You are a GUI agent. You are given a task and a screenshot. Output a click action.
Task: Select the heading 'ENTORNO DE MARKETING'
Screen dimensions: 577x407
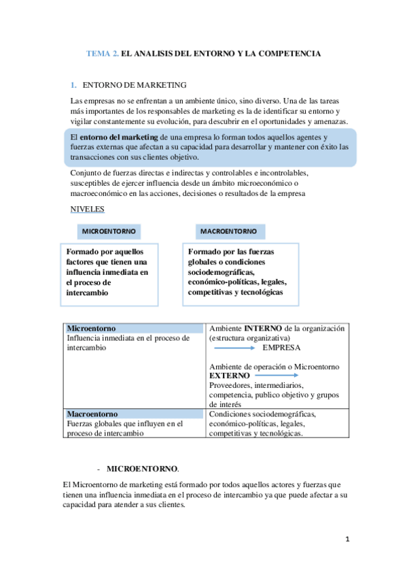tap(134, 85)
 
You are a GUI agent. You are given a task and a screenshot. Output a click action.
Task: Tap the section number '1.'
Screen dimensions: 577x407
tap(73, 85)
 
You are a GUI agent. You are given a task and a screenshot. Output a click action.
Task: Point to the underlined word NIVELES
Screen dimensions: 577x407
tap(86, 209)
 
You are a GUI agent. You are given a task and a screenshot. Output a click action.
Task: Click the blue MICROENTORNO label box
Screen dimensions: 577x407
tap(109, 231)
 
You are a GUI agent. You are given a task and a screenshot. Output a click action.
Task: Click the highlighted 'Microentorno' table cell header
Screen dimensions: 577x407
tap(135, 329)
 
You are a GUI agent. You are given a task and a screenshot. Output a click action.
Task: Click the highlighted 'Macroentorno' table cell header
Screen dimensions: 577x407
tap(135, 414)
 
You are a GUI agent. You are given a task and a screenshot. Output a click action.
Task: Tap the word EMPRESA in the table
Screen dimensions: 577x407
tap(281, 347)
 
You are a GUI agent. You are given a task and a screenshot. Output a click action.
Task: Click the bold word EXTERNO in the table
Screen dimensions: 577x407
tap(229, 376)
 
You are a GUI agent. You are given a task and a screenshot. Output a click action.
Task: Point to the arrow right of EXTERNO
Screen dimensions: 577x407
tap(277, 376)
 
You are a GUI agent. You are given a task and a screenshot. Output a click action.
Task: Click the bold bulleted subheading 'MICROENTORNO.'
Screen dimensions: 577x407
tap(143, 469)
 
